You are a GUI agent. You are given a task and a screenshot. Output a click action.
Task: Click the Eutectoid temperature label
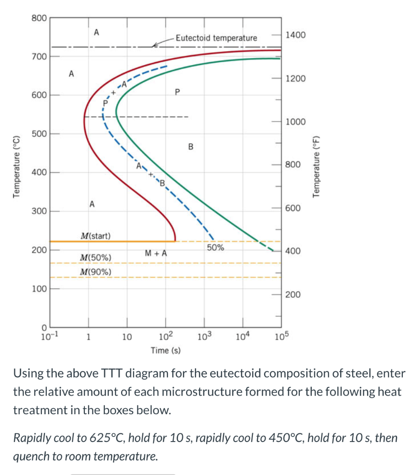216,38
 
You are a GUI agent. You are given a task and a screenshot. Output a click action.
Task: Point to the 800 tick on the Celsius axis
39,18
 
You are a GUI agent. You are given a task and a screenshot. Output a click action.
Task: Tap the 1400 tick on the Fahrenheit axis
296,35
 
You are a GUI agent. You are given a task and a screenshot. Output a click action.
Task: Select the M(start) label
95,236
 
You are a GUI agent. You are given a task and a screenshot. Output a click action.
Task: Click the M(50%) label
95,257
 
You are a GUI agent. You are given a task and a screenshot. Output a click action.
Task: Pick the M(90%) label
95,271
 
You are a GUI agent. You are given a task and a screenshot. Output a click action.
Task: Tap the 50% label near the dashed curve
215,248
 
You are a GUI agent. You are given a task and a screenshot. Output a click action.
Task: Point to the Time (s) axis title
166,350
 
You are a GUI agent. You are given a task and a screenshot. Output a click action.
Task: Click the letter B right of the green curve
190,147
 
